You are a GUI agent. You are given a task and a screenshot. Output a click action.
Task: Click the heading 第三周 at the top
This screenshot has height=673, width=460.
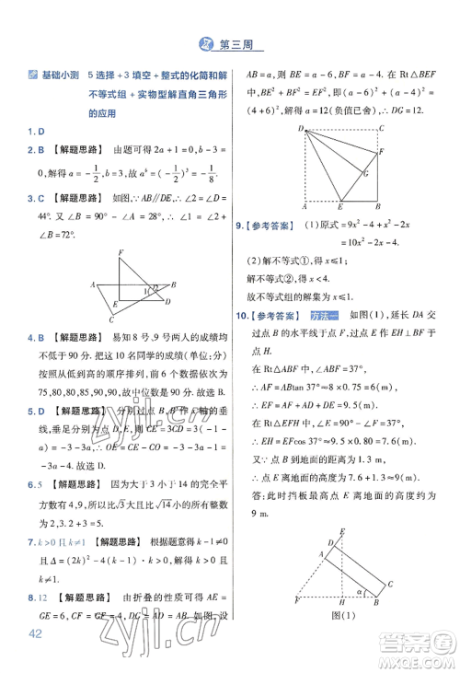click(240, 42)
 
